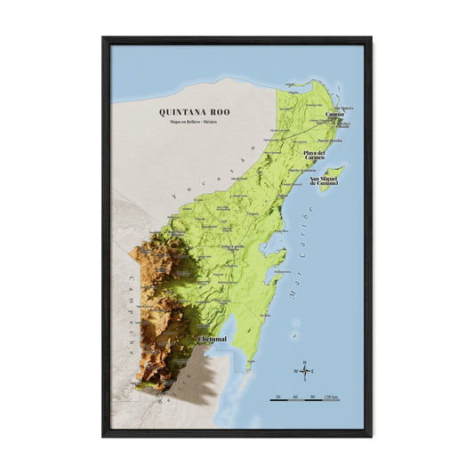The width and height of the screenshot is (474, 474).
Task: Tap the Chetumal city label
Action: [x=212, y=339]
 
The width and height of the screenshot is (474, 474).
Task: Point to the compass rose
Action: [x=305, y=371]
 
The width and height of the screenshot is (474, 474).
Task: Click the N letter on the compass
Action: [x=305, y=362]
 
